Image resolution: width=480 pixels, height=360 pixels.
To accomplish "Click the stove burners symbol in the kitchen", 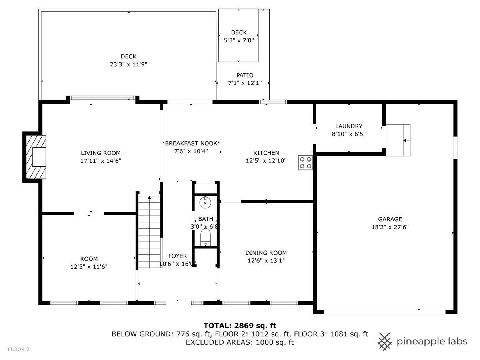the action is (x=305, y=163).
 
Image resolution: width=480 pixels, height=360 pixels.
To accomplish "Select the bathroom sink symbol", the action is (x=205, y=202).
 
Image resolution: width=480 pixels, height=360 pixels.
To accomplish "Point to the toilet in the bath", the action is (x=205, y=237).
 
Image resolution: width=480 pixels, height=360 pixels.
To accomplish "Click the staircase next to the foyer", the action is (x=149, y=232).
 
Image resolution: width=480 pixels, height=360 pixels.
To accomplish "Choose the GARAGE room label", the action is (x=390, y=219).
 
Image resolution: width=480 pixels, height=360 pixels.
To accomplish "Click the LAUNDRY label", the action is (x=349, y=126).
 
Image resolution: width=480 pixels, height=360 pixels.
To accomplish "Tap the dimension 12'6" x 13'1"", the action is (x=266, y=260).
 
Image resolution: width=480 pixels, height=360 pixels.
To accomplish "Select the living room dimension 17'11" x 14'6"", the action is (x=100, y=161).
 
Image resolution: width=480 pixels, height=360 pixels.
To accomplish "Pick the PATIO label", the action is (x=245, y=75).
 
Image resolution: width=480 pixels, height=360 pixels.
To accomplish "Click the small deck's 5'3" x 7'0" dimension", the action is (x=239, y=40).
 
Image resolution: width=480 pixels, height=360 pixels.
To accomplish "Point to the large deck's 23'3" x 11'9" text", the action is (x=128, y=64).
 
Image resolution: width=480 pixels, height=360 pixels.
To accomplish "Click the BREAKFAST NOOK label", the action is (x=191, y=143).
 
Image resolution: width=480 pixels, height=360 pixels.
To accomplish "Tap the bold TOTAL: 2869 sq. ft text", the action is (x=240, y=326).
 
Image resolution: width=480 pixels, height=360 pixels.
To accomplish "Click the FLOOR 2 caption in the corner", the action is (x=18, y=349).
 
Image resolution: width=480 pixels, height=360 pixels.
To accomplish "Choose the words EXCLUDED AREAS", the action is (x=219, y=342).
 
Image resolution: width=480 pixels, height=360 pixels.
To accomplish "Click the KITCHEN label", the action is (x=266, y=152).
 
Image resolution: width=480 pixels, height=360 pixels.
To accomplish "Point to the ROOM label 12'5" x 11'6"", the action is (x=89, y=259).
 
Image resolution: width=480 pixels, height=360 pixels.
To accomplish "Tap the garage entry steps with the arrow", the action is (x=398, y=140).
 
